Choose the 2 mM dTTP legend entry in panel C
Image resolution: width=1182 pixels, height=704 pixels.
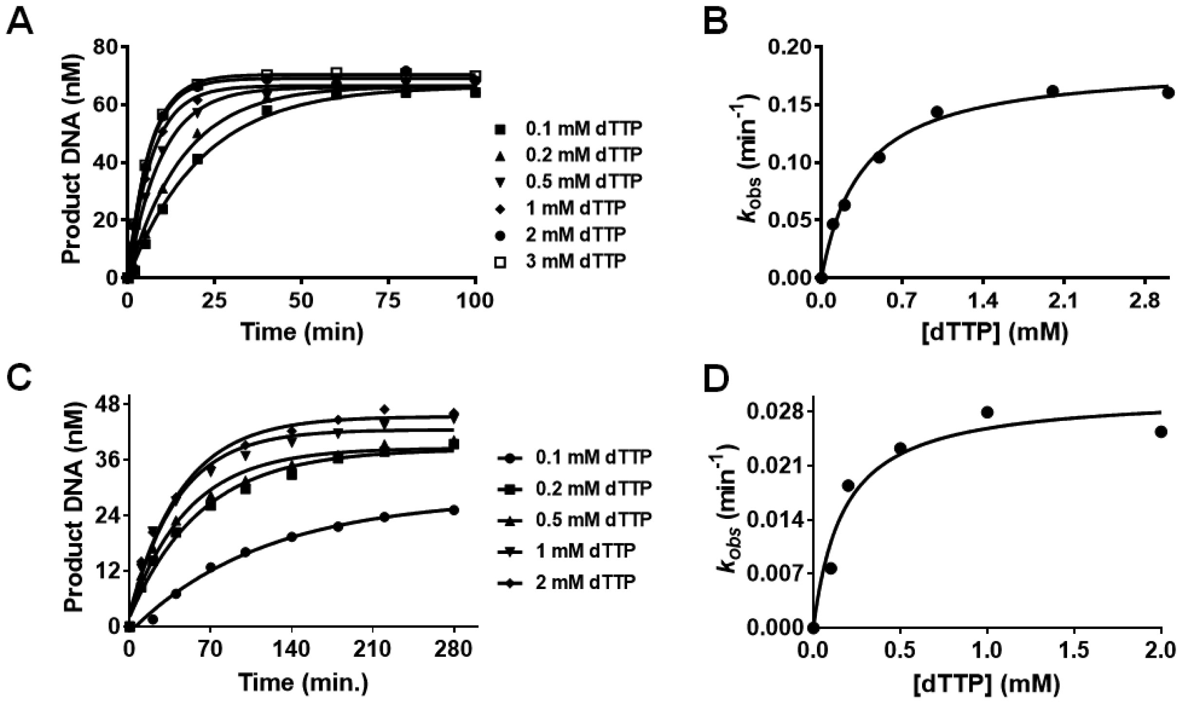[x=567, y=582]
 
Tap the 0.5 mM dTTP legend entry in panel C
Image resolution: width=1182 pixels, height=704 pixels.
[x=574, y=519]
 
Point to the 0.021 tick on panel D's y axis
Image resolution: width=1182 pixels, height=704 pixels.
[x=775, y=466]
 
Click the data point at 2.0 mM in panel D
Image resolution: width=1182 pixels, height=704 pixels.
[x=1162, y=432]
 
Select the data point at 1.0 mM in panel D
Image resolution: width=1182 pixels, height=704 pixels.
[x=987, y=412]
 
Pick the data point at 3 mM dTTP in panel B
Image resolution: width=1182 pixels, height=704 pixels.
[x=1168, y=93]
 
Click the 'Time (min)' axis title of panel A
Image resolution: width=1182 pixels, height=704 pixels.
[x=302, y=332]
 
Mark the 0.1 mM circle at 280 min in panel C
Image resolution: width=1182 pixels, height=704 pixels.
[x=454, y=510]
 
